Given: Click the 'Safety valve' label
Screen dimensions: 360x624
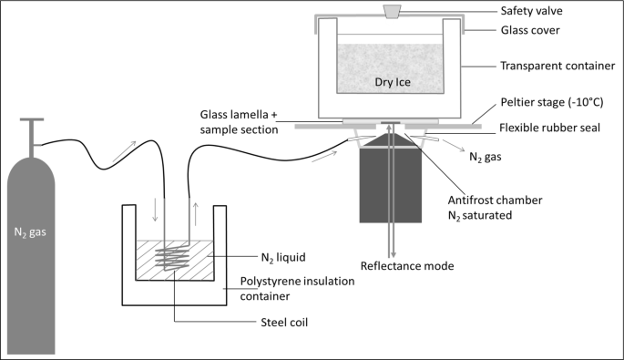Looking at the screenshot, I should click(x=533, y=11).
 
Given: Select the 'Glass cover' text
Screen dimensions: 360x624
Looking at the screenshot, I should click(x=529, y=30).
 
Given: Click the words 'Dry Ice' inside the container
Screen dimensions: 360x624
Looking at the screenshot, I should click(x=394, y=82).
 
